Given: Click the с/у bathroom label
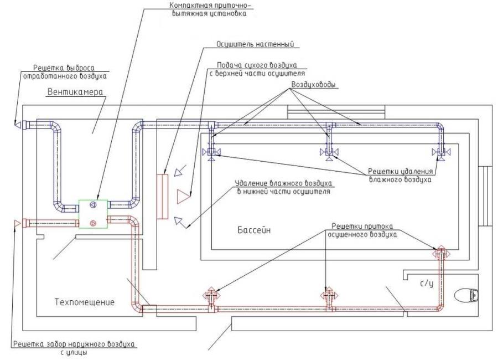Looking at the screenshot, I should click(x=426, y=282).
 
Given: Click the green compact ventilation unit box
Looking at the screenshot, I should click(x=92, y=213).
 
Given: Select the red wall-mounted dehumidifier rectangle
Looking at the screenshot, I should click(x=162, y=197).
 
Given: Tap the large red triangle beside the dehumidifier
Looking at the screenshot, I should click(x=183, y=196).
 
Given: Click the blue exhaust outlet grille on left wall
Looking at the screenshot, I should click(x=18, y=123).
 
